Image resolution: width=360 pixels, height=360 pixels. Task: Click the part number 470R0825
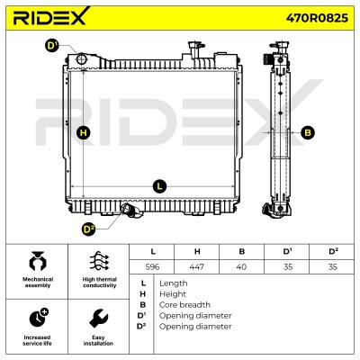coord(317,18)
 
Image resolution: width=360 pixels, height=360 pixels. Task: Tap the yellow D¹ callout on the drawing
coord(52,46)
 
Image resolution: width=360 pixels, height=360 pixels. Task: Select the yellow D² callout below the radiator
coord(88,229)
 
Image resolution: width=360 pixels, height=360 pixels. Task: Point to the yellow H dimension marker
coord(84,132)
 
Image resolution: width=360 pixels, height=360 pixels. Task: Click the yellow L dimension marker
coord(159,186)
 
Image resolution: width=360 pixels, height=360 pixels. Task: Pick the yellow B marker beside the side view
coord(308,132)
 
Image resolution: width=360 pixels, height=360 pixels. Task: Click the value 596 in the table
coord(152,266)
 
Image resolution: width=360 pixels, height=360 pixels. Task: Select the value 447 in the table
coord(197,266)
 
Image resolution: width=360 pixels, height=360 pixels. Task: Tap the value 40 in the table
coord(241,266)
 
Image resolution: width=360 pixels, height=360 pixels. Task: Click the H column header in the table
coord(197,251)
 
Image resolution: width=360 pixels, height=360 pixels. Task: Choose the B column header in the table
coord(242,251)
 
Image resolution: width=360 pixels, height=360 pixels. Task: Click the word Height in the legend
coord(173,294)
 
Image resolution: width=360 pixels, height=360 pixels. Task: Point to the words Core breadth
coord(184,305)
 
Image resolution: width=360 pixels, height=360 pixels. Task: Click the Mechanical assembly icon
coord(38,261)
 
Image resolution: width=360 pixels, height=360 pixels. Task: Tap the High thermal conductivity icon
coord(100,261)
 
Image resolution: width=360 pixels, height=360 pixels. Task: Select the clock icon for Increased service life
coord(39,318)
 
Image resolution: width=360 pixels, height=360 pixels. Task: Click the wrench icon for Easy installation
coord(99,318)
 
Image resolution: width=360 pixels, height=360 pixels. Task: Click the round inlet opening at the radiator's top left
coord(82,58)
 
